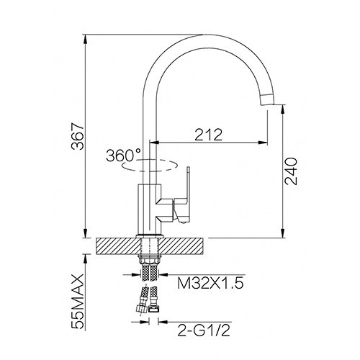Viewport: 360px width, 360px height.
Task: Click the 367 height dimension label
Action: (x=78, y=137)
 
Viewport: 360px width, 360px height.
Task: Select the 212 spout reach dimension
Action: (x=208, y=135)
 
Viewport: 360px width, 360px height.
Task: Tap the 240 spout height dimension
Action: (x=291, y=171)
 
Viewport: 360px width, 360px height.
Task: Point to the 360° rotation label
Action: (x=123, y=156)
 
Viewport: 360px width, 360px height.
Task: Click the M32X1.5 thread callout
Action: (x=210, y=283)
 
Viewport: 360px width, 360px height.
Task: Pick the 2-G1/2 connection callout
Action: (x=204, y=330)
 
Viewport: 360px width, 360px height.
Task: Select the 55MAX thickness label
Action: (x=78, y=302)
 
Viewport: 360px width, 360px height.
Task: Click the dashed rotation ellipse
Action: (x=150, y=166)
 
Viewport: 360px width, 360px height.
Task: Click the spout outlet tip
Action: (x=269, y=100)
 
